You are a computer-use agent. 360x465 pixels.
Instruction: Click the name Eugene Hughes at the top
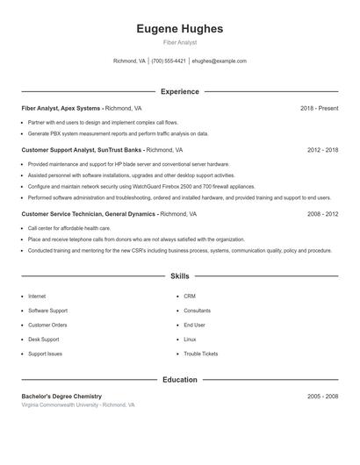(179, 29)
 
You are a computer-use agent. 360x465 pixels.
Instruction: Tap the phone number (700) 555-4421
(169, 61)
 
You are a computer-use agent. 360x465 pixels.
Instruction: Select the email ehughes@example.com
(219, 61)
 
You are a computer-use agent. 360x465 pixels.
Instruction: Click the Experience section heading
(179, 91)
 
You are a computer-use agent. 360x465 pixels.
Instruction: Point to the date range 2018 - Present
(319, 108)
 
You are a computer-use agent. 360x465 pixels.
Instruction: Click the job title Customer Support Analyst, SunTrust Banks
(82, 150)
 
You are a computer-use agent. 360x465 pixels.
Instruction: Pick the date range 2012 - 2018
(322, 150)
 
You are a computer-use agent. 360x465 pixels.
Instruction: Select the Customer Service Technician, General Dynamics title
(89, 213)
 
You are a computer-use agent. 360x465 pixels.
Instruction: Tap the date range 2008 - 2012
(322, 213)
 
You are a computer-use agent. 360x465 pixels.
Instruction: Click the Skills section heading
(179, 276)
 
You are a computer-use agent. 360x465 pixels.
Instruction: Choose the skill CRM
(190, 297)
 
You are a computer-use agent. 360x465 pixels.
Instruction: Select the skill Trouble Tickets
(200, 354)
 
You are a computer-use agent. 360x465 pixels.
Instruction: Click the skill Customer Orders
(47, 325)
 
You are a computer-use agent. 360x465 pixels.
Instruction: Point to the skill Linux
(190, 340)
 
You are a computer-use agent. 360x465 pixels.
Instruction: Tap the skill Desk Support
(44, 340)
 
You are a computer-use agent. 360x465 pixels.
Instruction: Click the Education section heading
(179, 380)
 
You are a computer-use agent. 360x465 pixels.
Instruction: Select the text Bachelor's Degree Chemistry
(61, 397)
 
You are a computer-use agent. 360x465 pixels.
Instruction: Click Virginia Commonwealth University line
(78, 405)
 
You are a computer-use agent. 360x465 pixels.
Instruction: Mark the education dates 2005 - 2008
(322, 397)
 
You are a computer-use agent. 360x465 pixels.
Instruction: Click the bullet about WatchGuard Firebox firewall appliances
(141, 187)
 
